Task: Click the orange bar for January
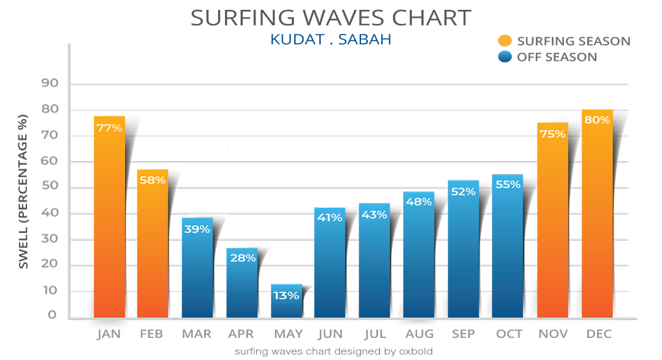pyautogui.click(x=109, y=221)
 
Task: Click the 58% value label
pyautogui.click(x=152, y=180)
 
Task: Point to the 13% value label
pyautogui.click(x=286, y=296)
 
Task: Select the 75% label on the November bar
pyautogui.click(x=552, y=133)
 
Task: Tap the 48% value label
pyautogui.click(x=419, y=202)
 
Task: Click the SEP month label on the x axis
pyautogui.click(x=463, y=334)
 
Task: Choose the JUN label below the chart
pyautogui.click(x=330, y=334)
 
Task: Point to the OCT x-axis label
pyautogui.click(x=509, y=334)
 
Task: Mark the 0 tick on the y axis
pyautogui.click(x=53, y=315)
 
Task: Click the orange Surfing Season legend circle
pyautogui.click(x=504, y=41)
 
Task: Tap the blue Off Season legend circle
pyautogui.click(x=504, y=57)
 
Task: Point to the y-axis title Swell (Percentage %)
pyautogui.click(x=23, y=191)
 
